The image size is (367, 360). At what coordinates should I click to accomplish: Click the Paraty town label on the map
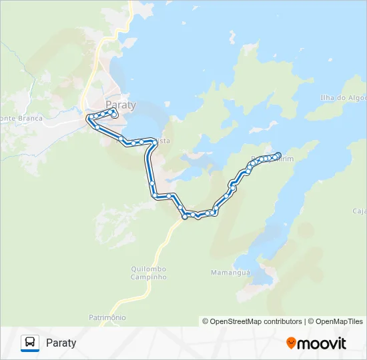[x=121, y=105]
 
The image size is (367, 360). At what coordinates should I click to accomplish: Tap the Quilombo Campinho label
[x=148, y=273]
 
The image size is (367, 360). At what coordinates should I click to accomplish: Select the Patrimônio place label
[x=107, y=317]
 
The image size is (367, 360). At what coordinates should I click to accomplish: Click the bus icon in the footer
[x=30, y=343]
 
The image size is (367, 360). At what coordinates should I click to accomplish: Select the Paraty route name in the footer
[x=61, y=343]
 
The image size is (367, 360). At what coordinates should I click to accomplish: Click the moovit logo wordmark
[x=322, y=343]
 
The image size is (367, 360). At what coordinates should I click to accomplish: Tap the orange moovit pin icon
[x=291, y=343]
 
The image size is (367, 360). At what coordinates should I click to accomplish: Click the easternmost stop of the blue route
[x=278, y=155]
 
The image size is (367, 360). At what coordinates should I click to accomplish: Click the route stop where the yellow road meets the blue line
[x=185, y=216]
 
